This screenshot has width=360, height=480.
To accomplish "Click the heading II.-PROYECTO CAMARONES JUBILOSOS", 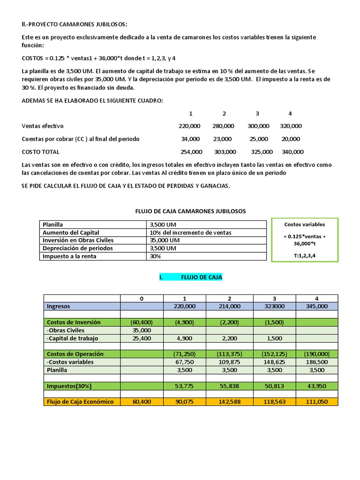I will [74, 24].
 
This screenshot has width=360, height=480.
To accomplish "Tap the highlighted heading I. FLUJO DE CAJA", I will [191, 277].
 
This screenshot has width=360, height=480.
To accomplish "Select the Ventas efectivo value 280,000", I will [223, 126].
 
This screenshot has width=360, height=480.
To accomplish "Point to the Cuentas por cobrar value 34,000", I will [190, 139].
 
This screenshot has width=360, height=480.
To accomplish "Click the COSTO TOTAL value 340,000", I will [292, 152].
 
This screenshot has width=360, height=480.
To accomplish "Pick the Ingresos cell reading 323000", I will [274, 306].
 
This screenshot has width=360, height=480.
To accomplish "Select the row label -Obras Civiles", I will [66, 330].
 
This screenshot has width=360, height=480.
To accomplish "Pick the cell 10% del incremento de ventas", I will [190, 232].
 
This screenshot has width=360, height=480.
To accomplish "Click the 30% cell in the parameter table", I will [155, 256].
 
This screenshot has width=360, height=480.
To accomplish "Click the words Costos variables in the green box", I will [304, 225].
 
